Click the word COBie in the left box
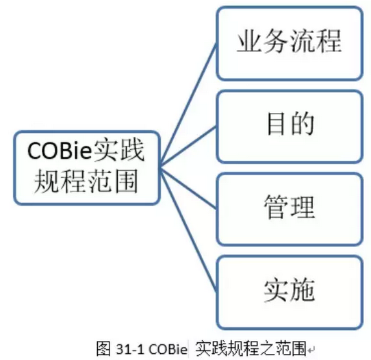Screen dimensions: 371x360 (x=59, y=151)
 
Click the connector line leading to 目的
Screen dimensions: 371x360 (x=188, y=146)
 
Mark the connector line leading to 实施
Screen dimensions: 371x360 (x=188, y=229)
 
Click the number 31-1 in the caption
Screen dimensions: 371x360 (x=129, y=349)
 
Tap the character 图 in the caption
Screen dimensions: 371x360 (x=103, y=348)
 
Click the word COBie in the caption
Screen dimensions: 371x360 (x=168, y=349)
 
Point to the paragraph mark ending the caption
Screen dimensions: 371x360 (x=311, y=349)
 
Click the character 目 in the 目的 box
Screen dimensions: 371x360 (x=276, y=123)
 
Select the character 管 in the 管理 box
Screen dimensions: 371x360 (x=276, y=207)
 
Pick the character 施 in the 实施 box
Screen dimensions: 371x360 (x=303, y=290)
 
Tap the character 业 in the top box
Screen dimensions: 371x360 (x=249, y=40)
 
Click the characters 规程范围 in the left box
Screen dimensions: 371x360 (x=86, y=181)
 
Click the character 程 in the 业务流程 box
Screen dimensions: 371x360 (x=329, y=40)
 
